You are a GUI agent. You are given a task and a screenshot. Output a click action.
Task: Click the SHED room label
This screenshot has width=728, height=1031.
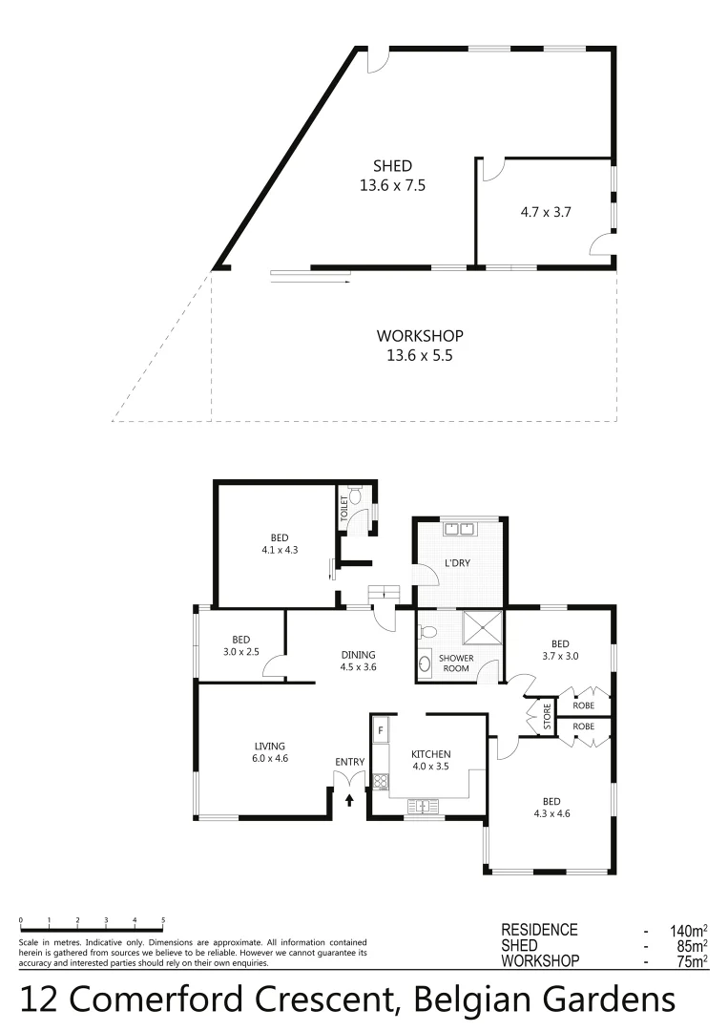tap(392, 167)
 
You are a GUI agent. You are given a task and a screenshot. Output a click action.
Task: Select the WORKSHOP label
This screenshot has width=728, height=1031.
tap(420, 336)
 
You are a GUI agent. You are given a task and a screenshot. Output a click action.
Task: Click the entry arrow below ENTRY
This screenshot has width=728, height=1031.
tap(349, 800)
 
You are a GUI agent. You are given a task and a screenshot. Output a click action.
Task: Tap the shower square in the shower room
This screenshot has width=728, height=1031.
tap(482, 629)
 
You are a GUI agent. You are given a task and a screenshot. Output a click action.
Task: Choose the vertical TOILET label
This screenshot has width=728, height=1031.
tap(343, 508)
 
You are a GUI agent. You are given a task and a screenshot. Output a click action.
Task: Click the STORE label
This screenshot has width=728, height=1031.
tap(547, 717)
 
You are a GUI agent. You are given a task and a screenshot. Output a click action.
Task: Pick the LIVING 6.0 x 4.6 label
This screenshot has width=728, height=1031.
tap(270, 752)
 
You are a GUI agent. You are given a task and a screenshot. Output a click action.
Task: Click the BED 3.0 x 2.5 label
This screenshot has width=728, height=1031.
tap(240, 645)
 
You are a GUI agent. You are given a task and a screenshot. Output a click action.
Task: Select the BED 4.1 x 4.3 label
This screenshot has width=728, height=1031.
tap(279, 543)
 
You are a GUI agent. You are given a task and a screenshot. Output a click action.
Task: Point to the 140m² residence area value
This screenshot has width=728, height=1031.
tap(684, 930)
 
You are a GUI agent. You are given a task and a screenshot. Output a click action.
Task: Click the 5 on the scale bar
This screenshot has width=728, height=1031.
tap(163, 920)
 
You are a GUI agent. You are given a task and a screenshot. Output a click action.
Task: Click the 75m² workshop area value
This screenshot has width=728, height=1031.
tap(687, 961)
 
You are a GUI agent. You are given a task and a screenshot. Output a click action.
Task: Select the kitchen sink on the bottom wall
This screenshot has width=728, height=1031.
tap(421, 807)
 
